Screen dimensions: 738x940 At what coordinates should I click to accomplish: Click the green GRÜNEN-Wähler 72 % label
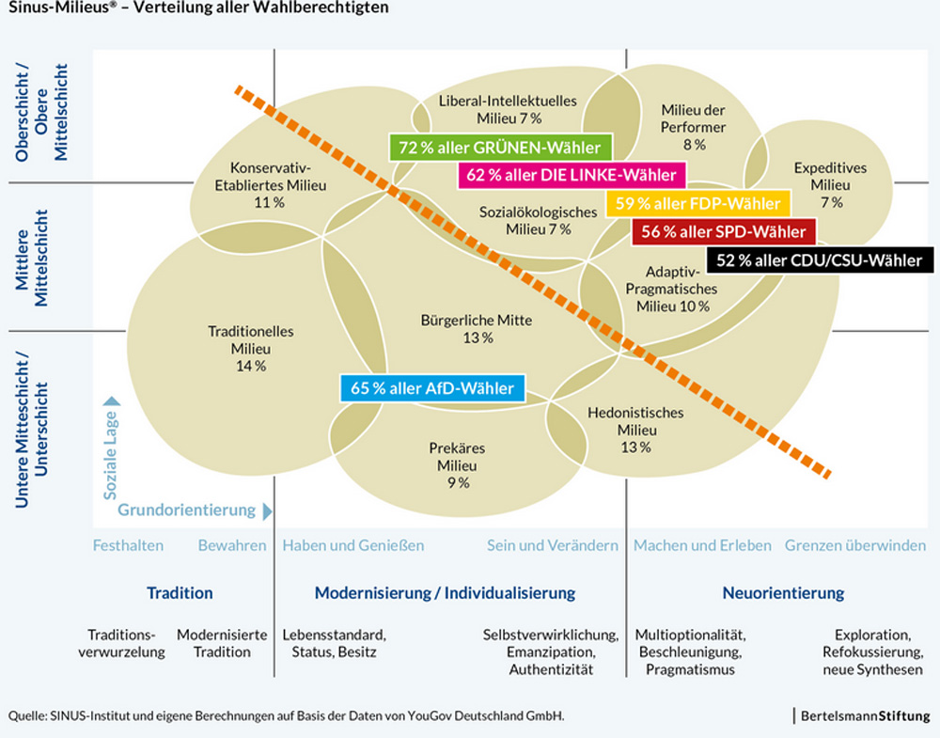pyautogui.click(x=500, y=148)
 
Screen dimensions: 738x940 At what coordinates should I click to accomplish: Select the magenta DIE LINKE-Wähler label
pyautogui.click(x=572, y=175)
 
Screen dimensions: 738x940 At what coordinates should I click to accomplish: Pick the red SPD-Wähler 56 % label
pyautogui.click(x=724, y=231)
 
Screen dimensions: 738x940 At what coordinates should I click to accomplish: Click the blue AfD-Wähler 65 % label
pyautogui.click(x=432, y=387)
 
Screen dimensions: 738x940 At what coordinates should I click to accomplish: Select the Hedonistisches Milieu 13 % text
pyautogui.click(x=634, y=430)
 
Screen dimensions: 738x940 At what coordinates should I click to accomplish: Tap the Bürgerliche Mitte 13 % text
pyautogui.click(x=478, y=328)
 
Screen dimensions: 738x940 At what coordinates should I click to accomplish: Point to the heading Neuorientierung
pyautogui.click(x=783, y=593)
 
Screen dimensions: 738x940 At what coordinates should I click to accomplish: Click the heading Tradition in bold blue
pyautogui.click(x=180, y=593)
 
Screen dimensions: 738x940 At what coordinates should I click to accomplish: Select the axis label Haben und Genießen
pyautogui.click(x=353, y=545)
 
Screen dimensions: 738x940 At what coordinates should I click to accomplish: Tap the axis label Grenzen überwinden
pyautogui.click(x=855, y=545)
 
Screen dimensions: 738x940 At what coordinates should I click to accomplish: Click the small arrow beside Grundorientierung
pyautogui.click(x=268, y=510)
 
